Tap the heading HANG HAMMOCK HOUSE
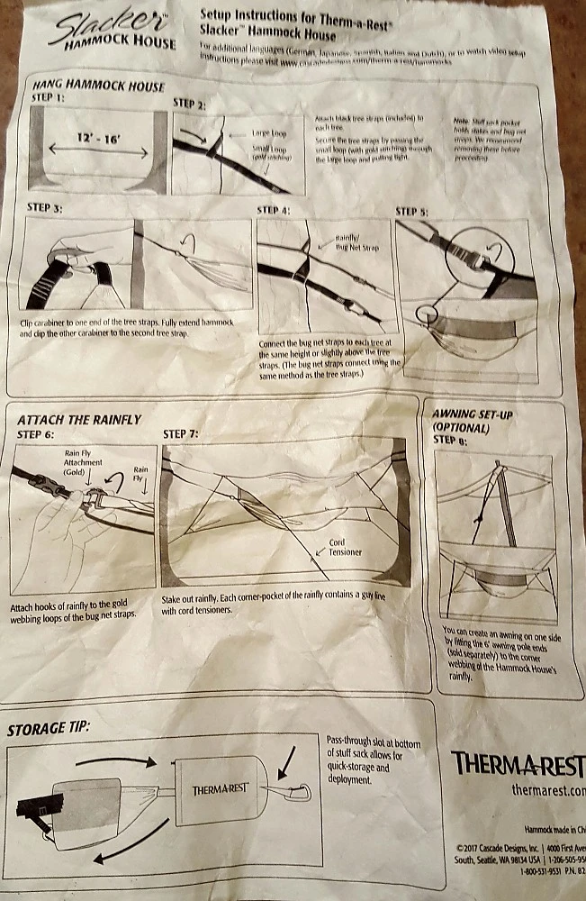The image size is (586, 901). pyautogui.click(x=97, y=86)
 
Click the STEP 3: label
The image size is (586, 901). pyautogui.click(x=45, y=208)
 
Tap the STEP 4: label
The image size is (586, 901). pyautogui.click(x=274, y=211)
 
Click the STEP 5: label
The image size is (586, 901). pyautogui.click(x=412, y=213)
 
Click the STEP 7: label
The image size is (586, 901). pyautogui.click(x=181, y=434)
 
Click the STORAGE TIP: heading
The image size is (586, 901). pyautogui.click(x=50, y=729)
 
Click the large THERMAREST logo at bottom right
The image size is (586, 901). pyautogui.click(x=517, y=764)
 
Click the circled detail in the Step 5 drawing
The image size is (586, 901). pyautogui.click(x=428, y=322)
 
